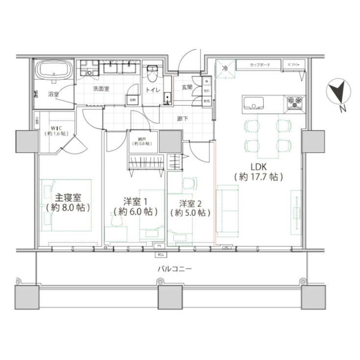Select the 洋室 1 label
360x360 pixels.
tap(135, 202)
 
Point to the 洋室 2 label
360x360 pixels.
tap(190, 203)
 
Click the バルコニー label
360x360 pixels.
tap(174, 269)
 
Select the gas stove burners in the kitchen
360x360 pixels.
tap(296, 102)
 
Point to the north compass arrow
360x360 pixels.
tap(338, 93)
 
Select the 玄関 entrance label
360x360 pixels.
tap(187, 87)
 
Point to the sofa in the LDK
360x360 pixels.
tap(227, 208)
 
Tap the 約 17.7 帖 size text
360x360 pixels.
tap(258, 177)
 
